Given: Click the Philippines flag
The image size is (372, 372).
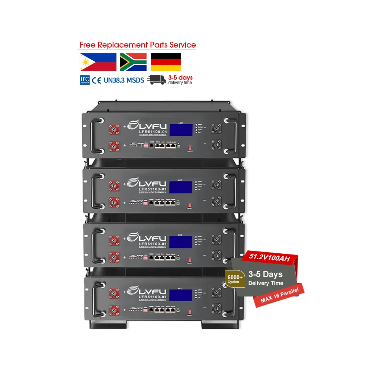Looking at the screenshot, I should point(98,62).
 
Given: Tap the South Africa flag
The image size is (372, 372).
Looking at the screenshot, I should point(133,62).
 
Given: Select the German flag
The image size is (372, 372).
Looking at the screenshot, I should point(166,62).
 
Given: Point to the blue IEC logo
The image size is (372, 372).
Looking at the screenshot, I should point(84,80).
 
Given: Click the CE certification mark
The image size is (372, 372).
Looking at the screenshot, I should point(97,80).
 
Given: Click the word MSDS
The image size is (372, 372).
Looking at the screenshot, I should point(135,80).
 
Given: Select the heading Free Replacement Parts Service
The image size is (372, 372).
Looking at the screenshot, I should point(138,45).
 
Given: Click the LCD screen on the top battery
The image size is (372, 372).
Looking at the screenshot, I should point(181,130).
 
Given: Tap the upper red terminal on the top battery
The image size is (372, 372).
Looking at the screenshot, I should point(113,130).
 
